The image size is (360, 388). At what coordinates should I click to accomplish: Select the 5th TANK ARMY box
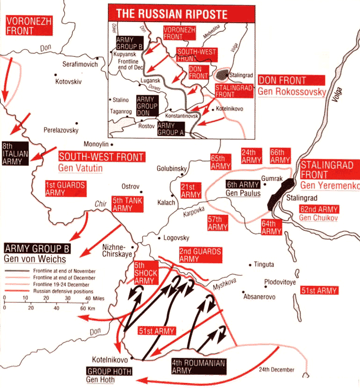pos(122,204)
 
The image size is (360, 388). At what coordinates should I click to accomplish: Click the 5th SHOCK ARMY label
pos(146,273)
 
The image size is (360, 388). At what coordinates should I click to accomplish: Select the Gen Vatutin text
pos(80,168)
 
